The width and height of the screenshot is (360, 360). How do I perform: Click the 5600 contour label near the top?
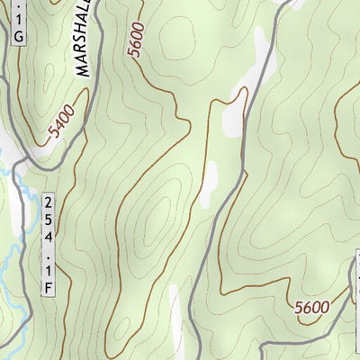point(137,40)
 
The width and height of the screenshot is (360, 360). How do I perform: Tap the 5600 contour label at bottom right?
point(311,308)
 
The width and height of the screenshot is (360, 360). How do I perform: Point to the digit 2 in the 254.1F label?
point(47,201)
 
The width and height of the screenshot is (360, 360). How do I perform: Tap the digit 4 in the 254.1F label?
point(47,236)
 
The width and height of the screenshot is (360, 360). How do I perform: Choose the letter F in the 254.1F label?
point(47,287)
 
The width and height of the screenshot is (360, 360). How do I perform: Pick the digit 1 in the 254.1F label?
point(47,270)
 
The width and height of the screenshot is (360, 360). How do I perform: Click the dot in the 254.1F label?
point(47,254)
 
